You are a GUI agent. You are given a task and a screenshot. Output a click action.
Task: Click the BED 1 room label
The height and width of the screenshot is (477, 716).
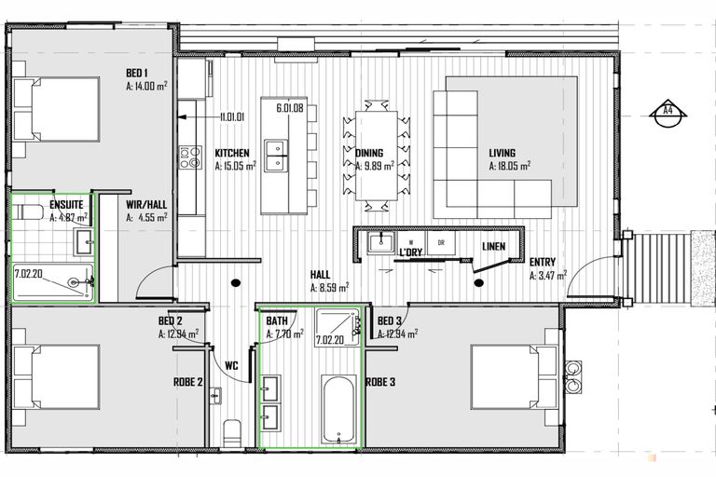click(x=137, y=73)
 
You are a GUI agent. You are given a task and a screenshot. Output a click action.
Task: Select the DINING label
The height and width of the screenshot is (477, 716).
click(x=369, y=153)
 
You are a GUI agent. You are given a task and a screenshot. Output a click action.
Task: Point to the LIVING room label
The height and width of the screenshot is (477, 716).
click(x=503, y=153)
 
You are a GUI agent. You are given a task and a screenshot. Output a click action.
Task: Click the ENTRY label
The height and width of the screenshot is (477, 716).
click(x=543, y=262)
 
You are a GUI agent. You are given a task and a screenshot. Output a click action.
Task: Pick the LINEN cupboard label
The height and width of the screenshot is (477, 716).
click(x=493, y=247)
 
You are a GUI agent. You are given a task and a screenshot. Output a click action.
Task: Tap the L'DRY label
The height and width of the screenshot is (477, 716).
click(x=410, y=252)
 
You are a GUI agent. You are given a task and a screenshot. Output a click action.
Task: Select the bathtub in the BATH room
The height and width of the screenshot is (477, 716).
click(x=338, y=409)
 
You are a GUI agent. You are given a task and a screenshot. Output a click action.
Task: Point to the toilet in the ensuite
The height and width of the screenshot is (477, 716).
click(x=27, y=211)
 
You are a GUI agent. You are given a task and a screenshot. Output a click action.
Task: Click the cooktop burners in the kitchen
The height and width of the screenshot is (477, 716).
click(x=190, y=157)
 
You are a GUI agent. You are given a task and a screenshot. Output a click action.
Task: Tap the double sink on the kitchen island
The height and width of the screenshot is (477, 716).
click(x=276, y=156)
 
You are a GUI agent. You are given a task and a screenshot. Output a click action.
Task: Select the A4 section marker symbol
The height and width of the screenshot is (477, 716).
click(x=668, y=113)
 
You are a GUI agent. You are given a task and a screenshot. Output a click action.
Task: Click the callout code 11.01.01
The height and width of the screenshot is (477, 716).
click(x=231, y=116)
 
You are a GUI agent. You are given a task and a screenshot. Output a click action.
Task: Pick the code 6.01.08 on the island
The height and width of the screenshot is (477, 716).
click(x=290, y=108)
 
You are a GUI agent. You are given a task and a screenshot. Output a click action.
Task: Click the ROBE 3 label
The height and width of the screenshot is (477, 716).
click(x=380, y=382)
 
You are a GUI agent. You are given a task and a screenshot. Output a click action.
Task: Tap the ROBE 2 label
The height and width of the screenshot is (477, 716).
click(x=187, y=382)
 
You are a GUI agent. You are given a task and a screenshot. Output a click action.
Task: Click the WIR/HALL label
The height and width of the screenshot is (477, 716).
click(x=146, y=204)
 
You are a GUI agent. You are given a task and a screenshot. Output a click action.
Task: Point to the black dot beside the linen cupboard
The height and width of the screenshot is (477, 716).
click(x=478, y=283)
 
